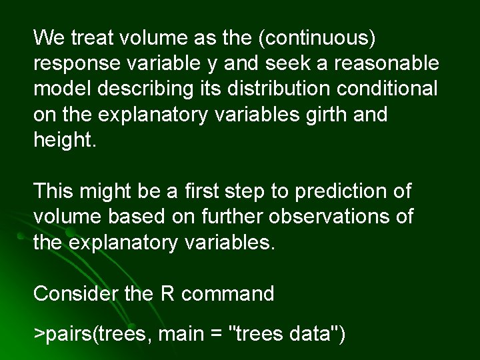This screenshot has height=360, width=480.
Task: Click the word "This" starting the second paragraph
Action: tap(54, 192)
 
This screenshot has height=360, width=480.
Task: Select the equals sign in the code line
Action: tap(215, 333)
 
